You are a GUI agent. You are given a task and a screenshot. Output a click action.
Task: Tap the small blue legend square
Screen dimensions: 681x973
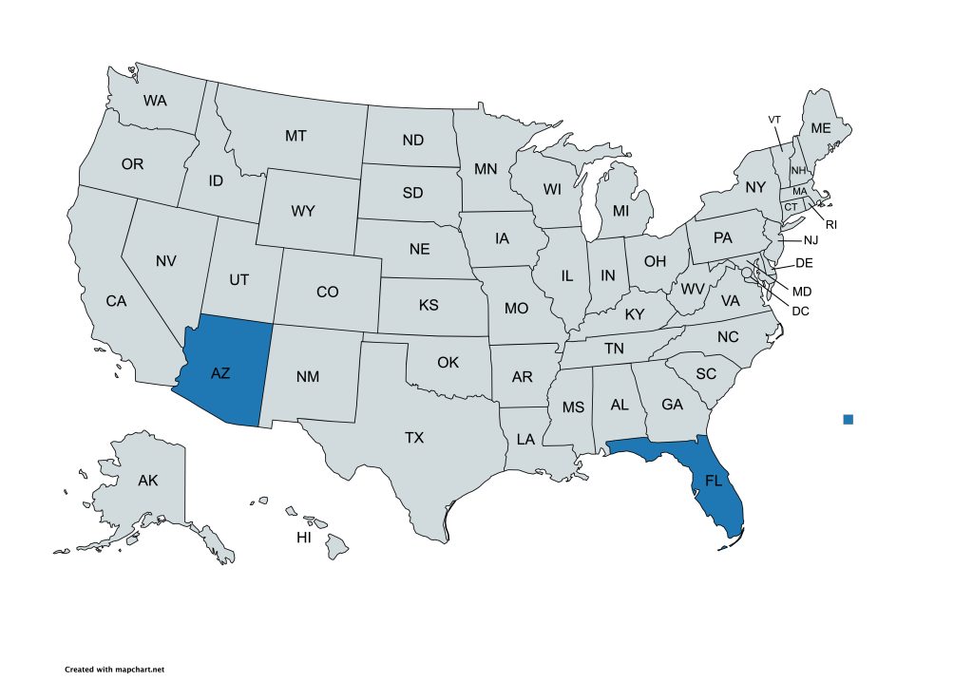pyautogui.click(x=849, y=419)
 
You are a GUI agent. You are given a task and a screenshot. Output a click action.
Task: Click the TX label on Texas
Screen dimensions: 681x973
pyautogui.click(x=414, y=438)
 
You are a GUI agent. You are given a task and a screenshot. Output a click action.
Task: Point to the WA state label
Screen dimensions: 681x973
pyautogui.click(x=155, y=100)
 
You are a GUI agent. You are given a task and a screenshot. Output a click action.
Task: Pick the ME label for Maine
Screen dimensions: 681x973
pyautogui.click(x=820, y=128)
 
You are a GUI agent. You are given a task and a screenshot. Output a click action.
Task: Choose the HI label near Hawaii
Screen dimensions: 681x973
pyautogui.click(x=304, y=538)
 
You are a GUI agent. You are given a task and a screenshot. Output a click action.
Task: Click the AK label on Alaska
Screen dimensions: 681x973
pyautogui.click(x=147, y=480)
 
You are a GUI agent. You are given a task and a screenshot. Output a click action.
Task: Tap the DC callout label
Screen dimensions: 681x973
pyautogui.click(x=800, y=311)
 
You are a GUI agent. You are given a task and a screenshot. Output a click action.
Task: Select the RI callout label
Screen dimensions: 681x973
pyautogui.click(x=830, y=225)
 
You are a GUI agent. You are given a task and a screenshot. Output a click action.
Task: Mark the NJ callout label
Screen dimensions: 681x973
pyautogui.click(x=810, y=240)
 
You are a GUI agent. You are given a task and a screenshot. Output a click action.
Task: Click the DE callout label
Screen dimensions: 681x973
pyautogui.click(x=804, y=263)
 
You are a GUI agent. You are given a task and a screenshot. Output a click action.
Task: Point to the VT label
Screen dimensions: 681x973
pyautogui.click(x=774, y=120)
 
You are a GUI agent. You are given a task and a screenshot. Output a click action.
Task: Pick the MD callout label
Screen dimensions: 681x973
pyautogui.click(x=802, y=291)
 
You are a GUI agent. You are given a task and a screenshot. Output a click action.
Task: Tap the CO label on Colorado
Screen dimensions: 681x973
pyautogui.click(x=327, y=292)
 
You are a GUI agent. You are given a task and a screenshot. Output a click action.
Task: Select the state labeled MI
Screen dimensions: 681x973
pyautogui.click(x=620, y=210)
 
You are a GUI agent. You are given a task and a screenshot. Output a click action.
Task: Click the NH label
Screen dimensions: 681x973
pyautogui.click(x=798, y=170)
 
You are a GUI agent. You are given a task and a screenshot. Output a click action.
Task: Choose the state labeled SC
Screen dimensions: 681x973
pyautogui.click(x=705, y=374)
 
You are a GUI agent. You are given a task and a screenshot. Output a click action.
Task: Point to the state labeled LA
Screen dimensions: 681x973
pyautogui.click(x=525, y=439)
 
